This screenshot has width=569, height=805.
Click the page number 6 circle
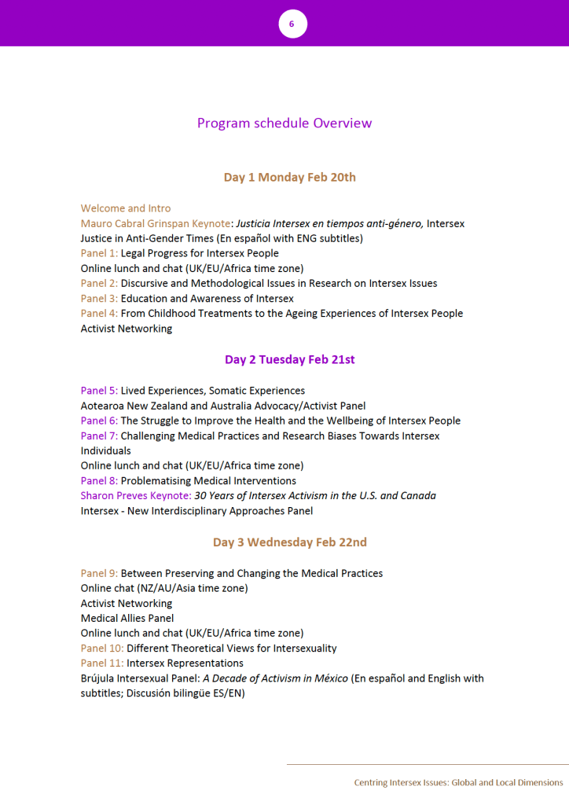(292, 24)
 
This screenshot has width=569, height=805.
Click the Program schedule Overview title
(284, 123)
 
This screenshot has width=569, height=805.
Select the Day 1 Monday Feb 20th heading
(289, 178)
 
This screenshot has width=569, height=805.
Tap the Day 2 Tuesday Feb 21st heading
(289, 360)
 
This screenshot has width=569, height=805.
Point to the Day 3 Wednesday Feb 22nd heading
(289, 542)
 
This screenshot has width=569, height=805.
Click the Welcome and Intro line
(126, 208)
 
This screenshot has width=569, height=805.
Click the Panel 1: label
(99, 253)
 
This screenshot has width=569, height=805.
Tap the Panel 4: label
(99, 314)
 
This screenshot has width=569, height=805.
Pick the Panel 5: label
(99, 391)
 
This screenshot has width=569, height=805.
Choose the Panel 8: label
(99, 480)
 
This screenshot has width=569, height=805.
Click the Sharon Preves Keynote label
(135, 495)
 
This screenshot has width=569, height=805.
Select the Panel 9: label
(99, 573)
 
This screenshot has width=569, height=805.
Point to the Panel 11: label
(102, 663)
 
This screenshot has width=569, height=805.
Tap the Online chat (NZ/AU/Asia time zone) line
(164, 588)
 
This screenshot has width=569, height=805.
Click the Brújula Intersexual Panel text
(134, 678)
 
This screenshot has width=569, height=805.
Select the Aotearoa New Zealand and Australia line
(223, 406)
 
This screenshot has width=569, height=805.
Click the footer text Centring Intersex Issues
(458, 783)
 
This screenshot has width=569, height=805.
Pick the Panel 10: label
(102, 649)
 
